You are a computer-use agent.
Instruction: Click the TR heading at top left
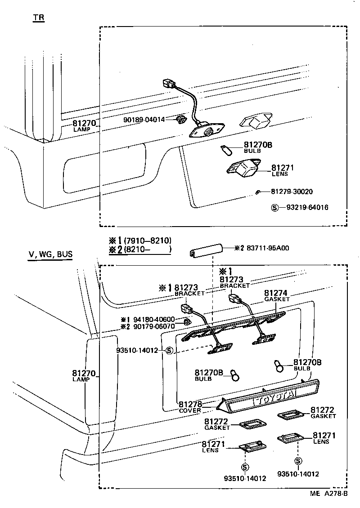pyautogui.click(x=38, y=18)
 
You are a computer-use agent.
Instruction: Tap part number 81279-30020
pyautogui.click(x=292, y=192)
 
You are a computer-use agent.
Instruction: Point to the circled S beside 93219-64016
pyautogui.click(x=274, y=208)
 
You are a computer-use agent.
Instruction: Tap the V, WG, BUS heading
pyautogui.click(x=50, y=255)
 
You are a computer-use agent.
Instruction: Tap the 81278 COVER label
pyautogui.click(x=190, y=406)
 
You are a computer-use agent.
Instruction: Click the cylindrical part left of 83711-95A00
pyautogui.click(x=205, y=250)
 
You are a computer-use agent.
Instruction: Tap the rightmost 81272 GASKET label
pyautogui.click(x=323, y=413)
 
